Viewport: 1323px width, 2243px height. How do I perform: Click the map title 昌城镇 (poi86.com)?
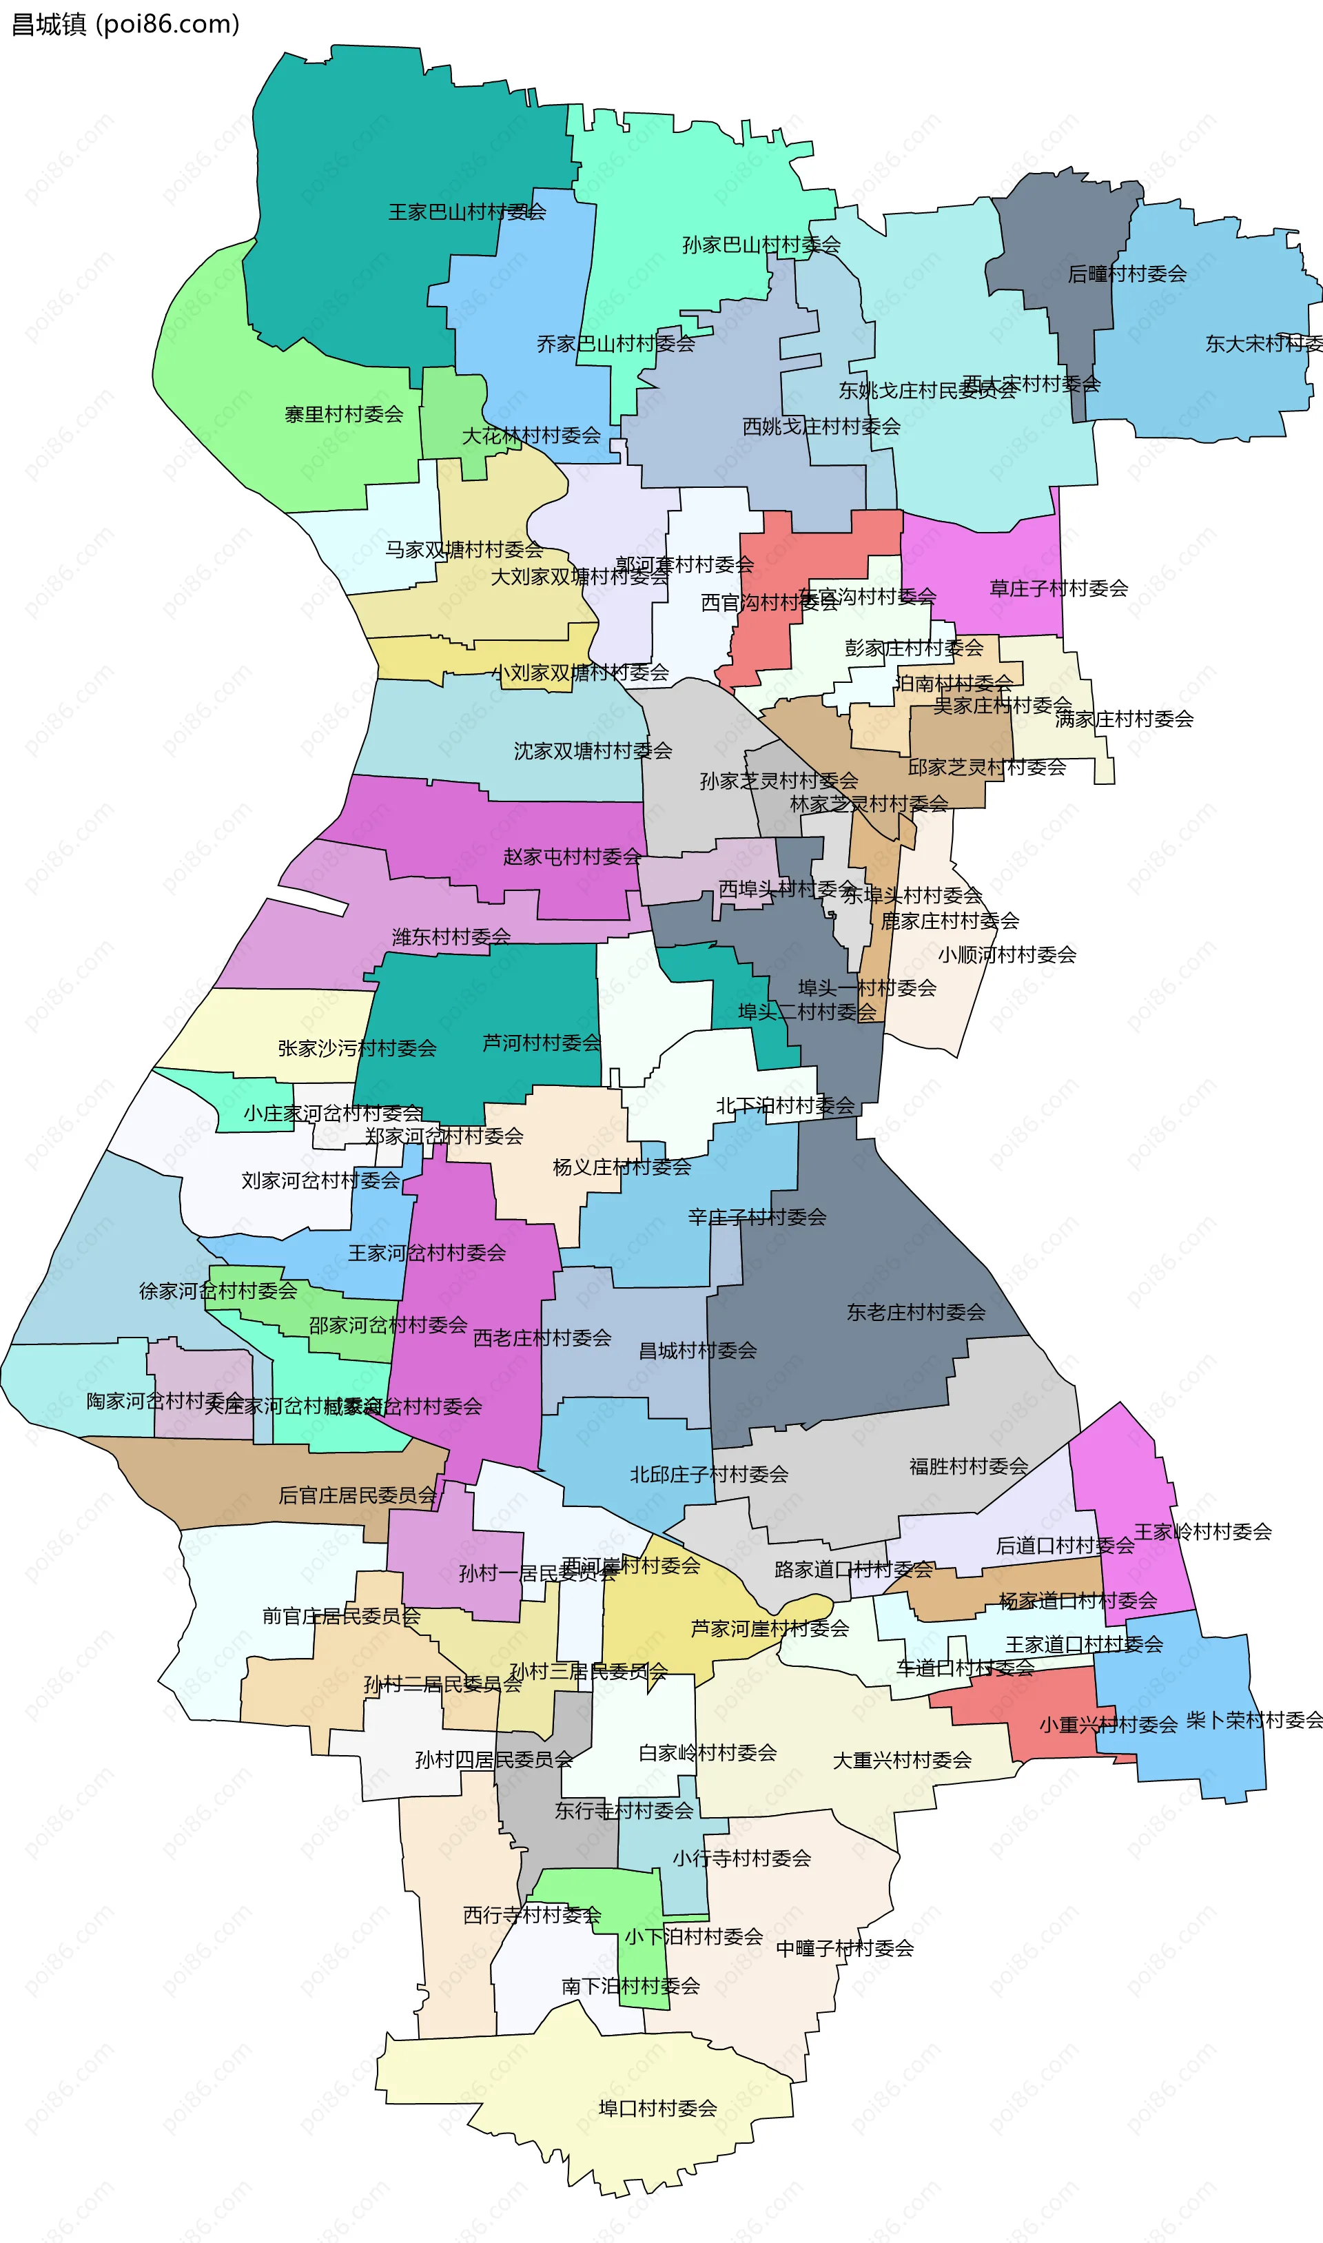[125, 24]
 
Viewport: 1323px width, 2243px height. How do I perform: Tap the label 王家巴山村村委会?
[466, 212]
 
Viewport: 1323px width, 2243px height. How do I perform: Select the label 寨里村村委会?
[343, 415]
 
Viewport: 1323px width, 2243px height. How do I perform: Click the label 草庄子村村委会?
[1058, 588]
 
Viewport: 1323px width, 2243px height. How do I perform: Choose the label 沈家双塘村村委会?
[593, 752]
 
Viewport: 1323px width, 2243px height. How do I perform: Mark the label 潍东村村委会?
[451, 937]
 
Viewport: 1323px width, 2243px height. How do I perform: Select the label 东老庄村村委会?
[916, 1312]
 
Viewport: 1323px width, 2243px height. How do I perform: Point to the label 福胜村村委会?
[968, 1466]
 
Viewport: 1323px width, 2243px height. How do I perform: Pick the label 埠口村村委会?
[658, 2109]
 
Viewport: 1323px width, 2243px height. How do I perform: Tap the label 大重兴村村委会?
[901, 1761]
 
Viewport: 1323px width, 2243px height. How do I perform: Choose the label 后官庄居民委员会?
[358, 1495]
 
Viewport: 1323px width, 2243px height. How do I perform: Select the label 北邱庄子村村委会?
[709, 1475]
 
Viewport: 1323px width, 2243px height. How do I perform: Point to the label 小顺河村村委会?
[1007, 956]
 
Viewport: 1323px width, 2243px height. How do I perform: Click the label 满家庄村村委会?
[1123, 719]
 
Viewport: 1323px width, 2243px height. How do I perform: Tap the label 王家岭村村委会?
[1202, 1533]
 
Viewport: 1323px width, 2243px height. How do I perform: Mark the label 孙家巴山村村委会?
[761, 245]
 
